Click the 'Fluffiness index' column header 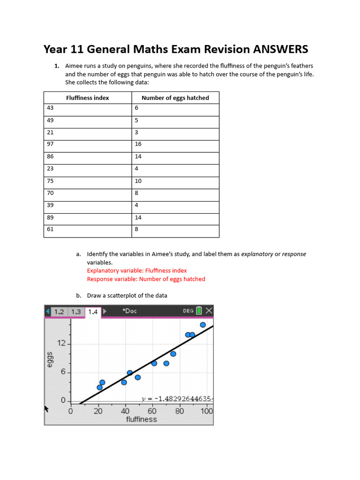point(87,98)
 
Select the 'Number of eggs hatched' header point(175,98)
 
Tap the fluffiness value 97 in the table point(50,144)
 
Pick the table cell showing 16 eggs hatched point(138,144)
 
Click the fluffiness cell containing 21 point(50,132)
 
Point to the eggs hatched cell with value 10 point(138,181)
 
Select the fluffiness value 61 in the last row point(50,229)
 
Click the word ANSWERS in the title point(281,49)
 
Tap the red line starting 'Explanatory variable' point(137,270)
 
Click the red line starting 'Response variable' point(146,279)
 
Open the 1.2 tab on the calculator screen point(60,312)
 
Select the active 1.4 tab point(93,312)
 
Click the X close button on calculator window point(209,311)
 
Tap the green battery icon point(199,311)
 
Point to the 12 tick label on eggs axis point(61,344)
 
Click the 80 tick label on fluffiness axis point(180,411)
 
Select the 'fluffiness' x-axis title point(141,419)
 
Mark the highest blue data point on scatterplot point(203,325)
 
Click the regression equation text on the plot point(177,399)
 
